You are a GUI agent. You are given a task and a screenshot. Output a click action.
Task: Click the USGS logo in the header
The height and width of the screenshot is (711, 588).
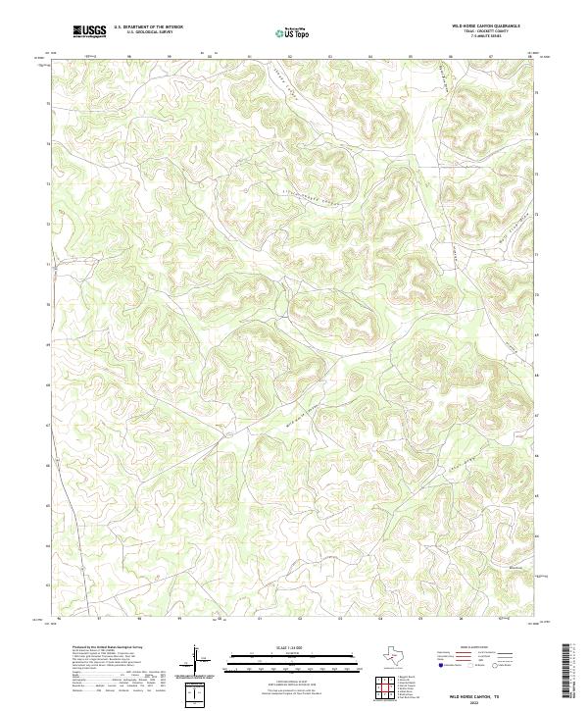pyautogui.click(x=89, y=31)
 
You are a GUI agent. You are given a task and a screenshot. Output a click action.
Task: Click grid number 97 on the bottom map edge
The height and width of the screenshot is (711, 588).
pyautogui.click(x=100, y=619)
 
